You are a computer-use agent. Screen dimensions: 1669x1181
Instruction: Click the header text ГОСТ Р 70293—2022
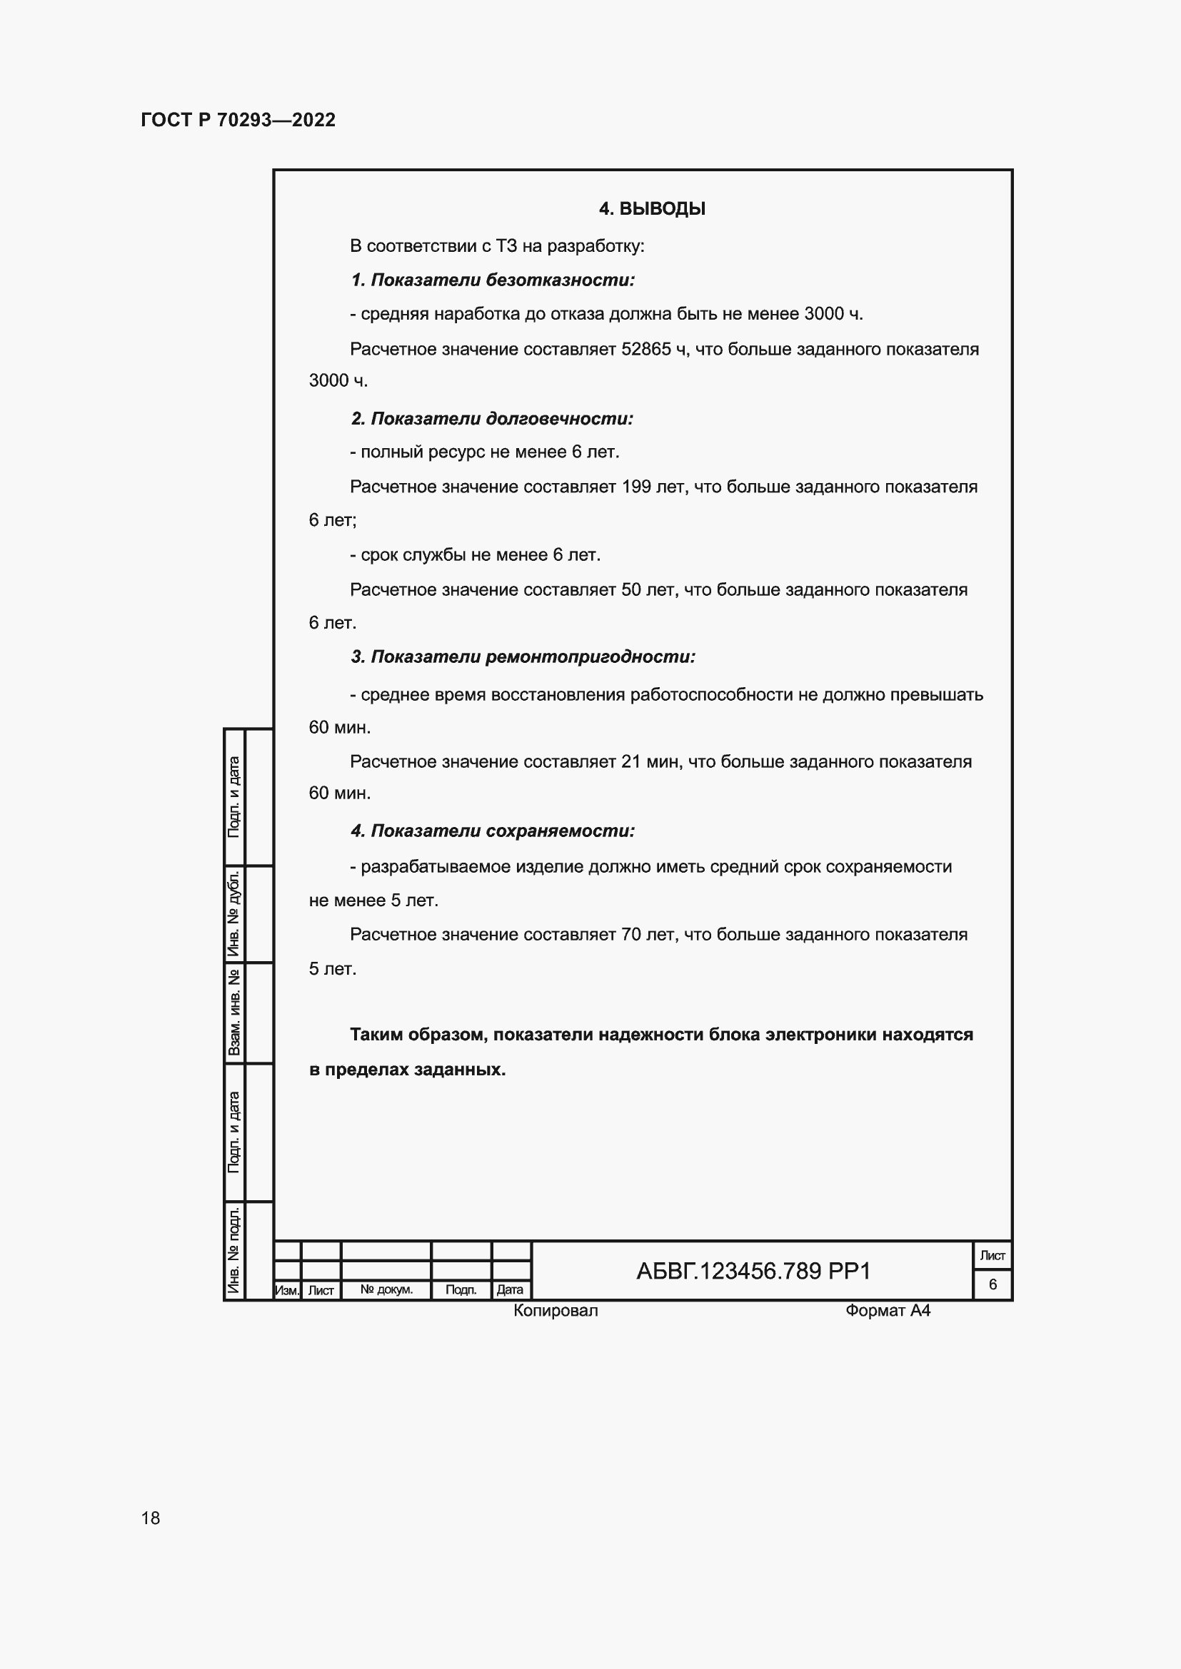click(238, 120)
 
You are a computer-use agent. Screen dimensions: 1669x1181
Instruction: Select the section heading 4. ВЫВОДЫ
click(652, 208)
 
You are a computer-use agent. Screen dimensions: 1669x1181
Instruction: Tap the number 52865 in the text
click(645, 350)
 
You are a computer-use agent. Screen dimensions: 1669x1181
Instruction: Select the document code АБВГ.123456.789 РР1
click(753, 1272)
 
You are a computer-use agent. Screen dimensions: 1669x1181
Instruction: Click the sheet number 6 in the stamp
click(992, 1284)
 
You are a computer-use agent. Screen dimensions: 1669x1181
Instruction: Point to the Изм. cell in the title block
click(287, 1290)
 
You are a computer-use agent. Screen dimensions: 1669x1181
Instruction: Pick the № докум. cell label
click(386, 1289)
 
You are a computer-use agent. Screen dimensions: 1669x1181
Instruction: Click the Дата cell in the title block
click(510, 1289)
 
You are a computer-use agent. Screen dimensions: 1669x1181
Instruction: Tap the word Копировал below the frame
click(556, 1311)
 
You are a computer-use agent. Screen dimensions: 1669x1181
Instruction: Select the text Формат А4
click(888, 1311)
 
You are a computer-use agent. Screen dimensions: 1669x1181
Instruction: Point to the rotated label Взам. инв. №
click(234, 1013)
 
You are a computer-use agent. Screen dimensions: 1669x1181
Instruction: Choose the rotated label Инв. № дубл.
click(234, 913)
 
